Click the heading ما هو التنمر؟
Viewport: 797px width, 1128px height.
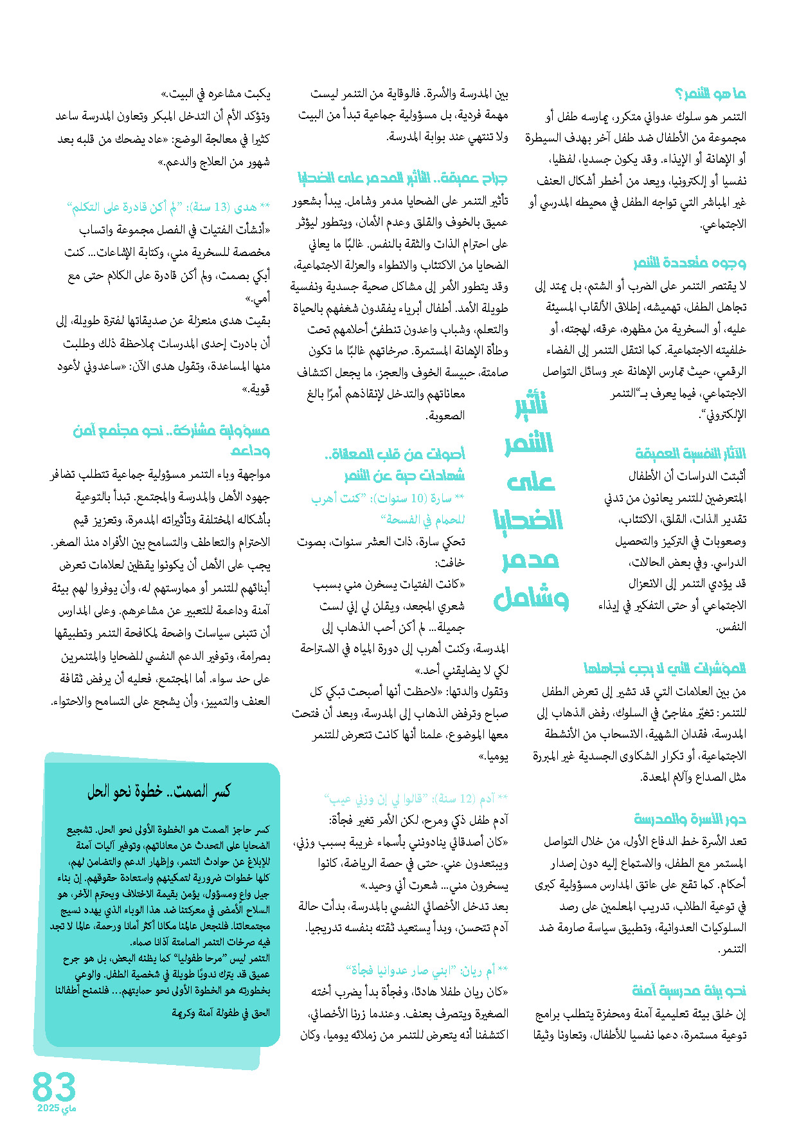pos(710,95)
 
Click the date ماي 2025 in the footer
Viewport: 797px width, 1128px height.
pos(57,1109)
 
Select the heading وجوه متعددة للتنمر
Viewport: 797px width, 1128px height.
pos(689,263)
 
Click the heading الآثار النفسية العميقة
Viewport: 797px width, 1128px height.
pos(690,454)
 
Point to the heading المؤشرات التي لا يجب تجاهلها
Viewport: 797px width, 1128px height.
pos(665,668)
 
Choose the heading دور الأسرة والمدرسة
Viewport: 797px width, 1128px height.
pos(690,819)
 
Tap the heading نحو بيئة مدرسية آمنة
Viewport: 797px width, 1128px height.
pos(689,991)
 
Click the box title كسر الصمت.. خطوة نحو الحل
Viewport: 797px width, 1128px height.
pos(159,792)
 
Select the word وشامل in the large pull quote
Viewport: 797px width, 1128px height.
pos(531,598)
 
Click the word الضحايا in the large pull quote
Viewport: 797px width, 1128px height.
pos(528,520)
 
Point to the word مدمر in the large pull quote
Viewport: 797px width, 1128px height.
pos(530,559)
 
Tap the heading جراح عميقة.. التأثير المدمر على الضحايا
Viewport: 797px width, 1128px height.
pos(402,178)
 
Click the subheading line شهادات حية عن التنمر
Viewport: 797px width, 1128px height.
pos(404,476)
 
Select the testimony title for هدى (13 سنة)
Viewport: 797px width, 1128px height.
pos(168,207)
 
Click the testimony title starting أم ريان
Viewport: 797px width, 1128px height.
pos(427,970)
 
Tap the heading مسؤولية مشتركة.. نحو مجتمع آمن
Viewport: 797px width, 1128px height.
pos(171,431)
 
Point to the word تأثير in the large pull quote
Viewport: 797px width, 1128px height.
pos(532,405)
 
